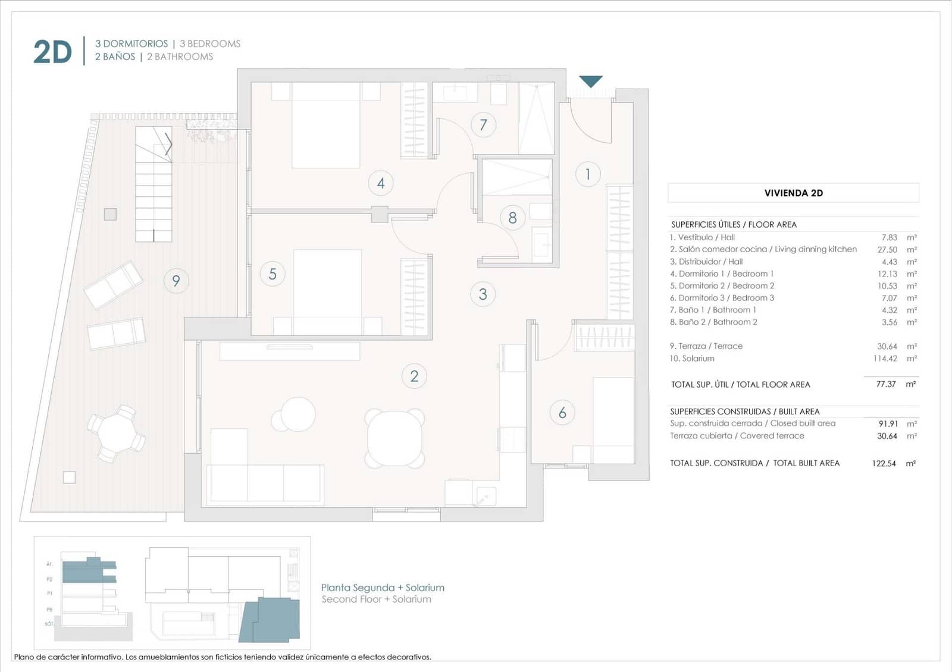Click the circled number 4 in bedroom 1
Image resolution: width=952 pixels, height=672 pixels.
(381, 183)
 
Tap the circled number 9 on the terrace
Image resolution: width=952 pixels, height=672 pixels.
(176, 281)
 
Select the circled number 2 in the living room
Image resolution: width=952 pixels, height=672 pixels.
(414, 376)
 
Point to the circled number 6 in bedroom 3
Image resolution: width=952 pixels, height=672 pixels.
(562, 413)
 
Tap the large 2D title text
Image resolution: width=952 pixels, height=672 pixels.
(52, 52)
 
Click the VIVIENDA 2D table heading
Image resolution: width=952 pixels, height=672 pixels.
(793, 193)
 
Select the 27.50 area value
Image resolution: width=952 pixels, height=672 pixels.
(887, 250)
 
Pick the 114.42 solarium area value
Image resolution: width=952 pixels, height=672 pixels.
(885, 359)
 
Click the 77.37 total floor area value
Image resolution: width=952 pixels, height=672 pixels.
(886, 384)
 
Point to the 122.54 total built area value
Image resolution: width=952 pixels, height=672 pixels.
(884, 463)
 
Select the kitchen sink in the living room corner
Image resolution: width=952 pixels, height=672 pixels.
(484, 495)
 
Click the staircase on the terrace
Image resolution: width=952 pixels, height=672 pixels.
(154, 184)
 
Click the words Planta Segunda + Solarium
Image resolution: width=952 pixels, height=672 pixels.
(383, 588)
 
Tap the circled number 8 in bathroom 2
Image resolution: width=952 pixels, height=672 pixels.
(512, 218)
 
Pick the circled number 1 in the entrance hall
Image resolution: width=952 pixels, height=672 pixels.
(588, 174)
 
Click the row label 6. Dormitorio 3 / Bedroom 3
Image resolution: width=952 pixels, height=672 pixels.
(722, 298)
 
